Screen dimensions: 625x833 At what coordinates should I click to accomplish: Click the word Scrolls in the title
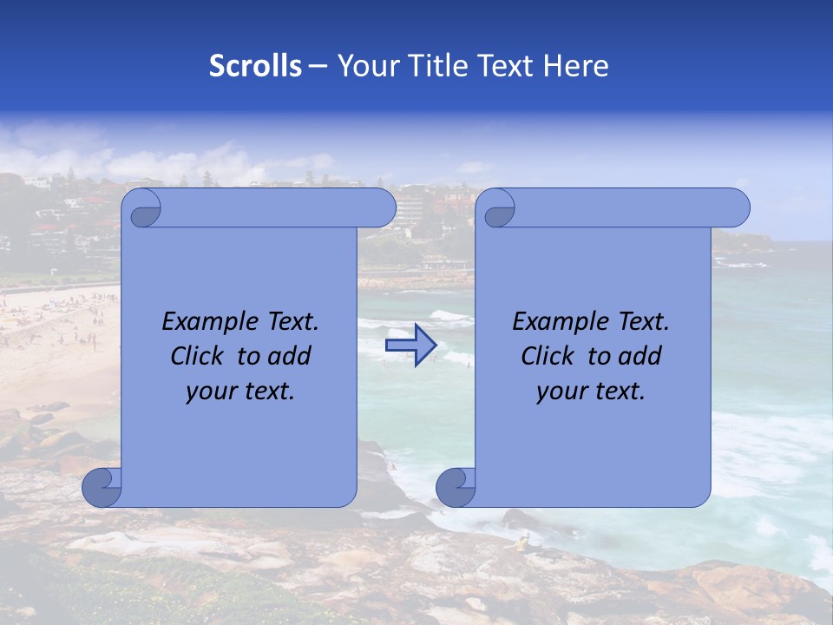[255, 66]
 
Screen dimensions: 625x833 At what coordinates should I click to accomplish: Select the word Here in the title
[576, 66]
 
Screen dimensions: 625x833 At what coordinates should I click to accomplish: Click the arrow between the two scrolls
[410, 345]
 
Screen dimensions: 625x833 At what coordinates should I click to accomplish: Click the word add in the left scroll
[291, 356]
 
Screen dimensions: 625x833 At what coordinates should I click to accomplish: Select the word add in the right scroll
[641, 356]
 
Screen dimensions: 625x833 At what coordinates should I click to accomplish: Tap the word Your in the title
[366, 66]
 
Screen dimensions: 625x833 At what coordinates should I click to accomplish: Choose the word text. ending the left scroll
[268, 391]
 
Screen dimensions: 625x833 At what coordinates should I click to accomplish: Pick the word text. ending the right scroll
[619, 391]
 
